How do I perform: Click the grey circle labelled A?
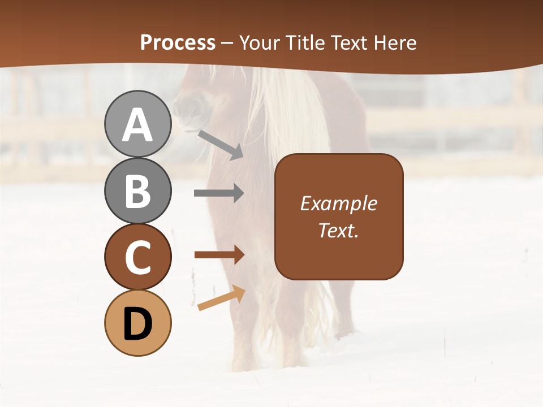click(137, 124)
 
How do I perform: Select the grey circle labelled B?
click(137, 190)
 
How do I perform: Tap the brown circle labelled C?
click(137, 257)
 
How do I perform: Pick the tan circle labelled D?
click(137, 323)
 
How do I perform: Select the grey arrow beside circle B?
click(219, 193)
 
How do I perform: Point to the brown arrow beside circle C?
click(219, 255)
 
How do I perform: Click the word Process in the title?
click(178, 43)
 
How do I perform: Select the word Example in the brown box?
click(338, 203)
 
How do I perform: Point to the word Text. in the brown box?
click(338, 230)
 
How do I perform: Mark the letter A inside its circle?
click(137, 125)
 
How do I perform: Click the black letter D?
click(137, 324)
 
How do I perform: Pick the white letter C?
click(137, 257)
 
